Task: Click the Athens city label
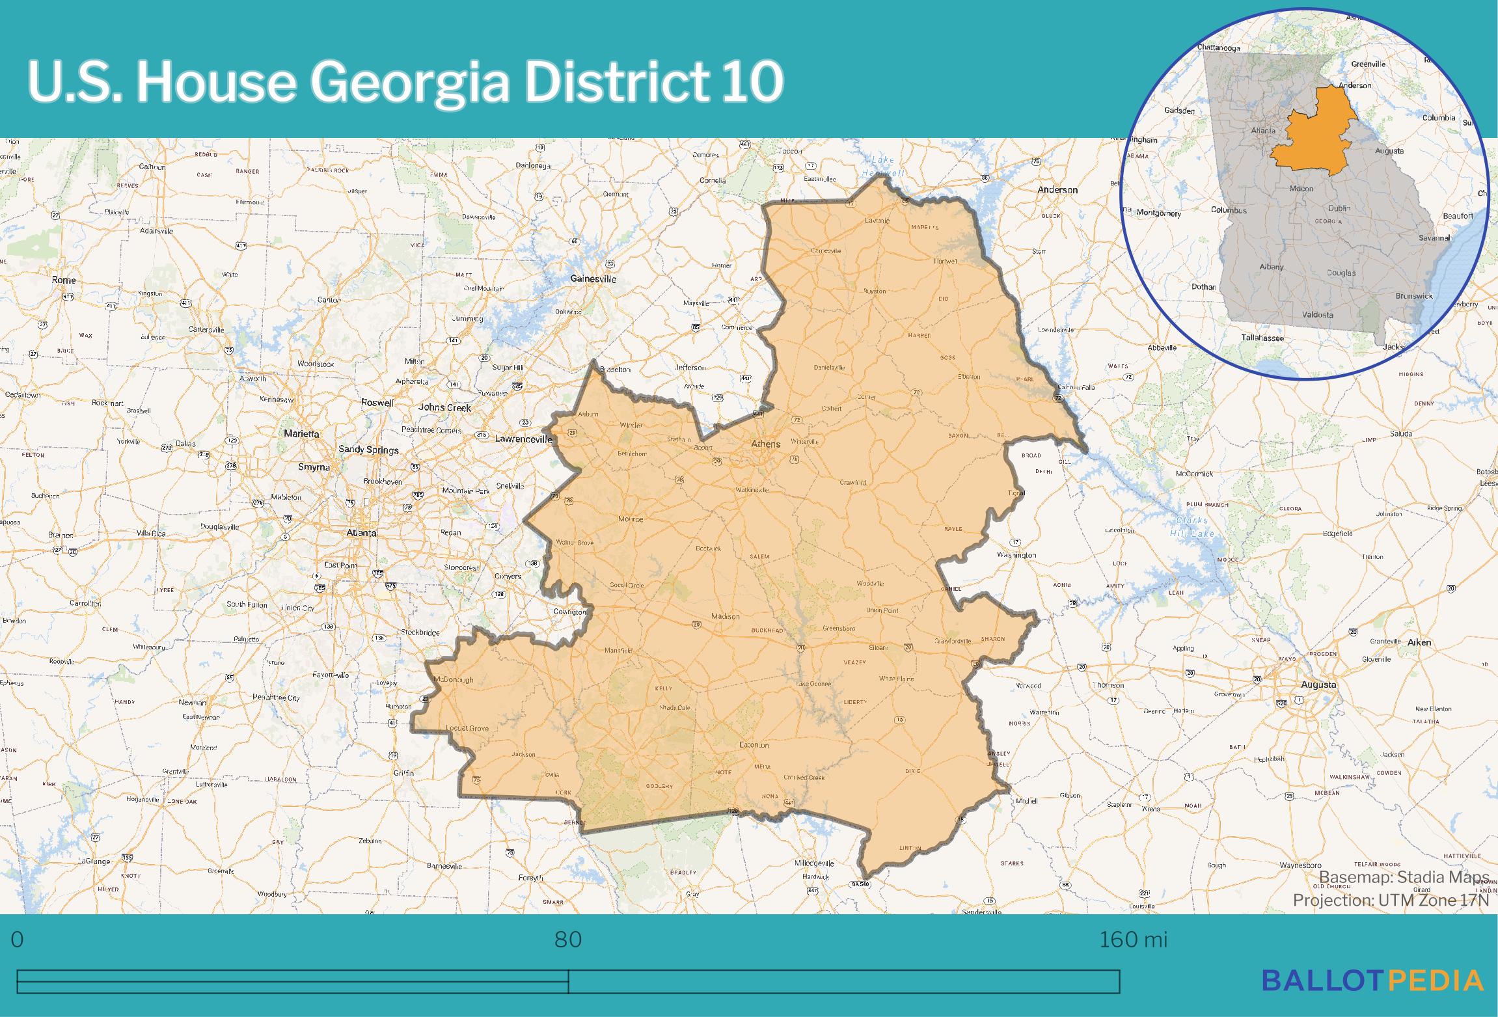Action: point(765,444)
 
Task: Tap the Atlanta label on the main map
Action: point(361,532)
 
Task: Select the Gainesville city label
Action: point(593,278)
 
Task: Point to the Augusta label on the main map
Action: point(1318,685)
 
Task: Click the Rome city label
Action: point(64,280)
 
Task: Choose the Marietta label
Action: point(301,433)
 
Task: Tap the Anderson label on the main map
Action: point(1057,190)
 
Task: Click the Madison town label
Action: point(726,616)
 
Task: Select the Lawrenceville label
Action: point(523,439)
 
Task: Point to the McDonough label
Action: point(454,680)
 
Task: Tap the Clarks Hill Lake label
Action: point(1192,527)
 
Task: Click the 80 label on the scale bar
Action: point(568,940)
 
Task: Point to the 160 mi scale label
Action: point(1133,940)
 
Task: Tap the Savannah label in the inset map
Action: point(1435,237)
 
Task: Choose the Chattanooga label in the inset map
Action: point(1218,47)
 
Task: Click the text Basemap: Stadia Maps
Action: point(1404,876)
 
